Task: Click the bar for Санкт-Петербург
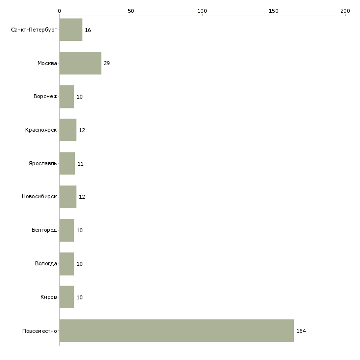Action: point(71,30)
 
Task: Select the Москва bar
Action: point(80,63)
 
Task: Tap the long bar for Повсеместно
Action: point(177,330)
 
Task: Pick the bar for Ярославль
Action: point(67,163)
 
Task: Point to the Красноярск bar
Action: point(68,130)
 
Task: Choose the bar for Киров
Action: point(67,297)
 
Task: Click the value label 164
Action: point(301,331)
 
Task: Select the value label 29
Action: point(107,64)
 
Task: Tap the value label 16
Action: point(88,31)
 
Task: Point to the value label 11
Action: point(80,164)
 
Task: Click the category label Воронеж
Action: point(45,97)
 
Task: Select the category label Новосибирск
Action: point(39,197)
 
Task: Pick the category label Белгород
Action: point(44,230)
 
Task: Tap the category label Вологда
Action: point(46,263)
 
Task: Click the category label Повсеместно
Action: point(39,330)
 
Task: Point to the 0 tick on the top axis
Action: point(60,10)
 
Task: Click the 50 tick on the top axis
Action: point(131,10)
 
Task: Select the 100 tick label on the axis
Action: point(202,10)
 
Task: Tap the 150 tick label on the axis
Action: point(274,10)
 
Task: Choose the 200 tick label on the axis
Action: point(345,10)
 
